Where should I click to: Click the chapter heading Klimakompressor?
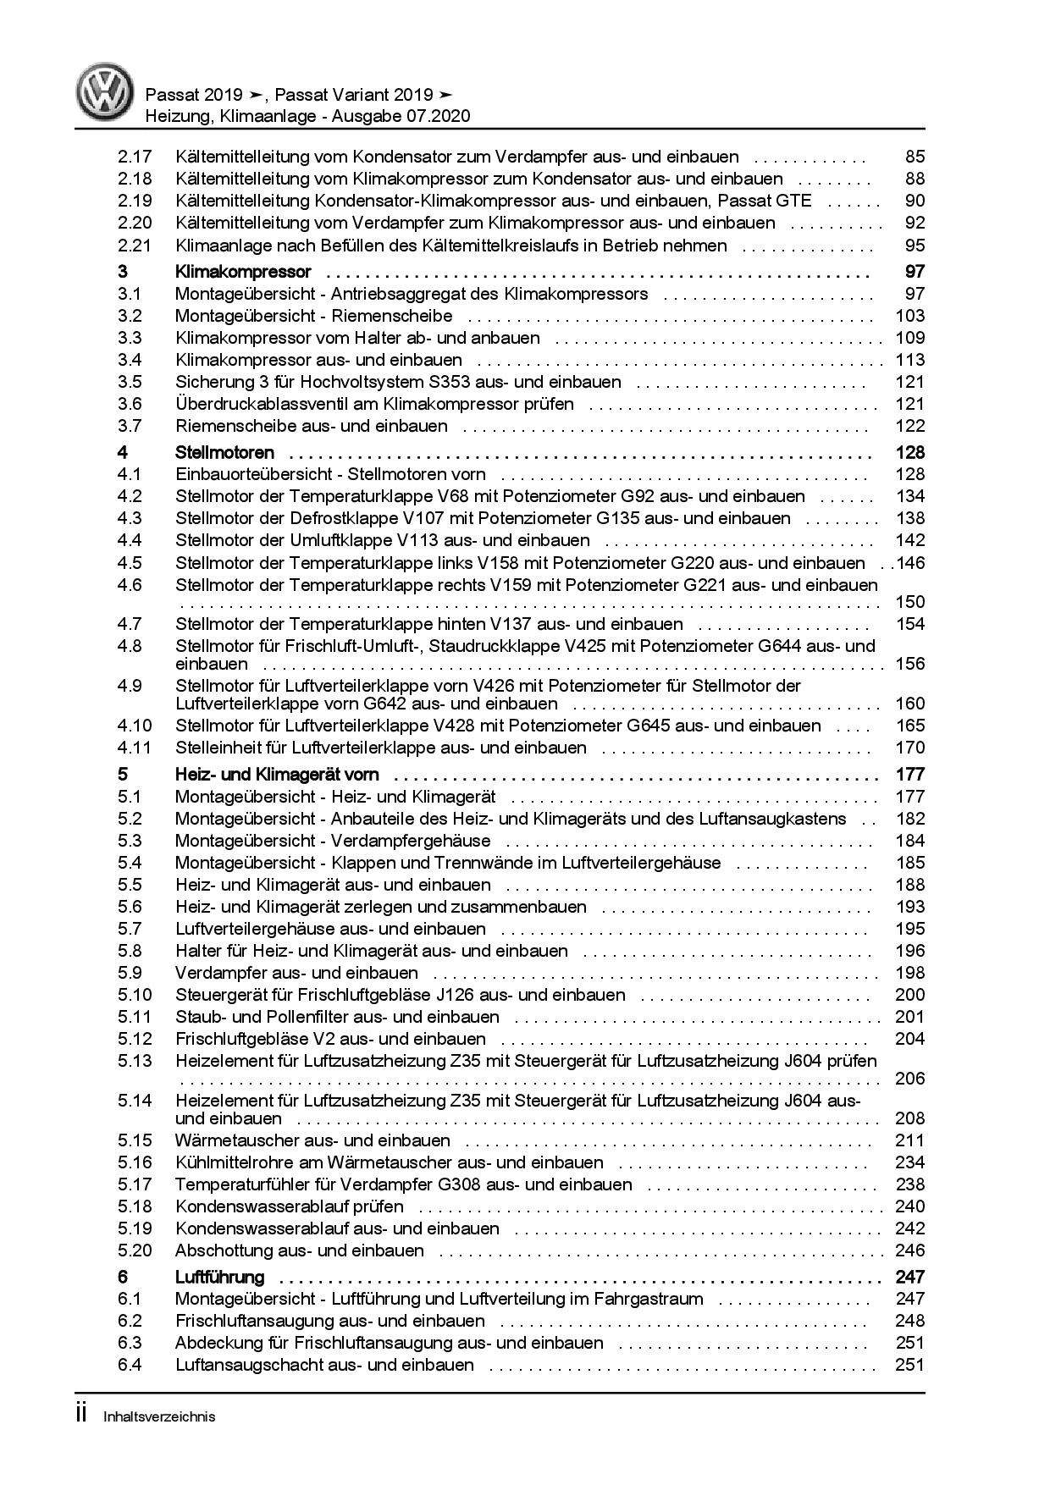(243, 272)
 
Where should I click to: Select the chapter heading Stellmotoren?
(224, 452)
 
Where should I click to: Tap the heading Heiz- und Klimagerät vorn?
(277, 774)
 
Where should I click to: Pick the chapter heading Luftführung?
(219, 1277)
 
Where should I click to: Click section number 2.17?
(135, 157)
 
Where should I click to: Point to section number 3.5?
(130, 382)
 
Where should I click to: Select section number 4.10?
(135, 726)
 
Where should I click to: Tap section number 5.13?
(135, 1061)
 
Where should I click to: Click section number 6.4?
(130, 1365)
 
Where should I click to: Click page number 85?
(915, 157)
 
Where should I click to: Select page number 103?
(909, 316)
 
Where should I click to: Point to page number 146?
(911, 563)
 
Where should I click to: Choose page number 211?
(909, 1140)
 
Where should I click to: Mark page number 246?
(909, 1250)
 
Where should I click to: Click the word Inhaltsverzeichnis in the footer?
(159, 1416)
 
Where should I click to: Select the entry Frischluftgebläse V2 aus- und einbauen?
(330, 1039)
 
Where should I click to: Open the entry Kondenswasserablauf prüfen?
(289, 1206)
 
